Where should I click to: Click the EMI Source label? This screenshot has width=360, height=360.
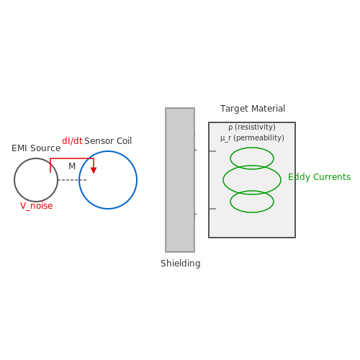pyautogui.click(x=36, y=148)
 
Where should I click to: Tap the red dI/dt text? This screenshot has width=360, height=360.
pyautogui.click(x=72, y=141)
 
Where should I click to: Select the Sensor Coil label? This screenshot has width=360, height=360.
pyautogui.click(x=108, y=141)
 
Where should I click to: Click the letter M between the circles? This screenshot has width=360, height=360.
pyautogui.click(x=72, y=166)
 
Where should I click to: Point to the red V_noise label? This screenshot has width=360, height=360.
pyautogui.click(x=36, y=206)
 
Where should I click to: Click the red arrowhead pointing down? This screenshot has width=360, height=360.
pyautogui.click(x=94, y=171)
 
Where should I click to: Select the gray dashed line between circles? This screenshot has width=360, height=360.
pyautogui.click(x=72, y=180)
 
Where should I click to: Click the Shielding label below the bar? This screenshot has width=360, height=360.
pyautogui.click(x=181, y=264)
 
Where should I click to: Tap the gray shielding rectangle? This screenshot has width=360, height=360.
pyautogui.click(x=180, y=180)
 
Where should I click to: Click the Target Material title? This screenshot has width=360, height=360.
pyautogui.click(x=253, y=109)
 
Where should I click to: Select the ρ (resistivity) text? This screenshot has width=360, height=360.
pyautogui.click(x=252, y=127)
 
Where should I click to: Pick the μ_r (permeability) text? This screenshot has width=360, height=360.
pyautogui.click(x=252, y=138)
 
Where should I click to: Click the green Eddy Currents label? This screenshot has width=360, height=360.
pyautogui.click(x=319, y=177)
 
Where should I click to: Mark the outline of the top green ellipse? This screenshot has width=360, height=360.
pyautogui.click(x=252, y=148)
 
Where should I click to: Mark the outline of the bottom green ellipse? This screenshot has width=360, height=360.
pyautogui.click(x=252, y=212)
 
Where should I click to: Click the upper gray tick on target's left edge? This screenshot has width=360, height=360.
pyautogui.click(x=212, y=151)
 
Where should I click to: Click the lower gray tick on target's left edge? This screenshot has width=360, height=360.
pyautogui.click(x=212, y=209)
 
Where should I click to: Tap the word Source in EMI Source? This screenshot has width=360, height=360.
pyautogui.click(x=45, y=148)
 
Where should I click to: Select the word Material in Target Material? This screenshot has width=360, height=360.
pyautogui.click(x=269, y=109)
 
